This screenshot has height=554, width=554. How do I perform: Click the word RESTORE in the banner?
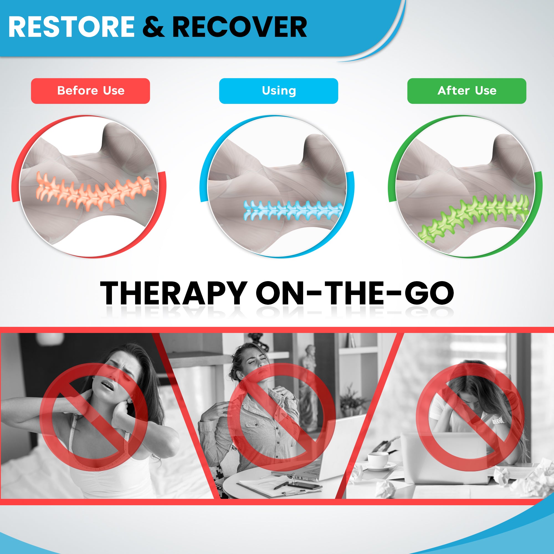click(x=72, y=27)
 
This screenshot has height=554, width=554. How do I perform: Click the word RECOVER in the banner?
click(x=240, y=27)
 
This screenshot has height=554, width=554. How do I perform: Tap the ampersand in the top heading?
click(x=153, y=27)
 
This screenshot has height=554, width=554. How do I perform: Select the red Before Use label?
click(x=90, y=91)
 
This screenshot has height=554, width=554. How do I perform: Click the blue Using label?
click(x=278, y=91)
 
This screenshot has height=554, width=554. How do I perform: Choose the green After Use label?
click(x=466, y=91)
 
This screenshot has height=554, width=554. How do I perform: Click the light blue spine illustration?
click(x=293, y=210)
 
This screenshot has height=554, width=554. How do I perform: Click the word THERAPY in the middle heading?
click(x=173, y=293)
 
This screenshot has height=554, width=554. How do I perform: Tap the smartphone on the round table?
click(x=305, y=486)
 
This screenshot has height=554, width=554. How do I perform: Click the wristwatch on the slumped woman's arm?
click(x=498, y=421)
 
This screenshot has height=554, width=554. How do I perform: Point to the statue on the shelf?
click(x=309, y=381)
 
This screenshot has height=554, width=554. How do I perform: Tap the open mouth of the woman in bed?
click(x=108, y=386)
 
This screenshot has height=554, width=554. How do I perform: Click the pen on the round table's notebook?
click(x=281, y=484)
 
